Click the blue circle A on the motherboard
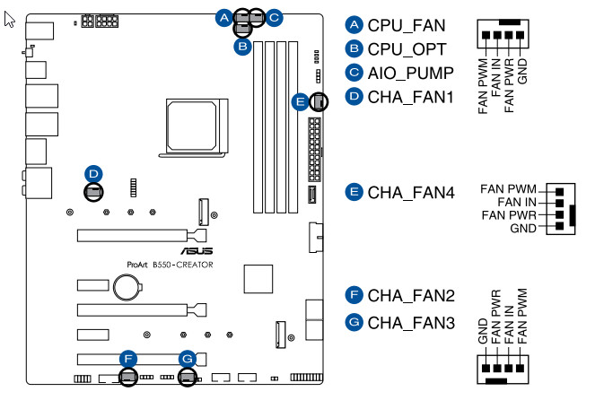[223, 15]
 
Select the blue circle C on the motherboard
[274, 15]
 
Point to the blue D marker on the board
[93, 172]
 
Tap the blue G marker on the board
[187, 360]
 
